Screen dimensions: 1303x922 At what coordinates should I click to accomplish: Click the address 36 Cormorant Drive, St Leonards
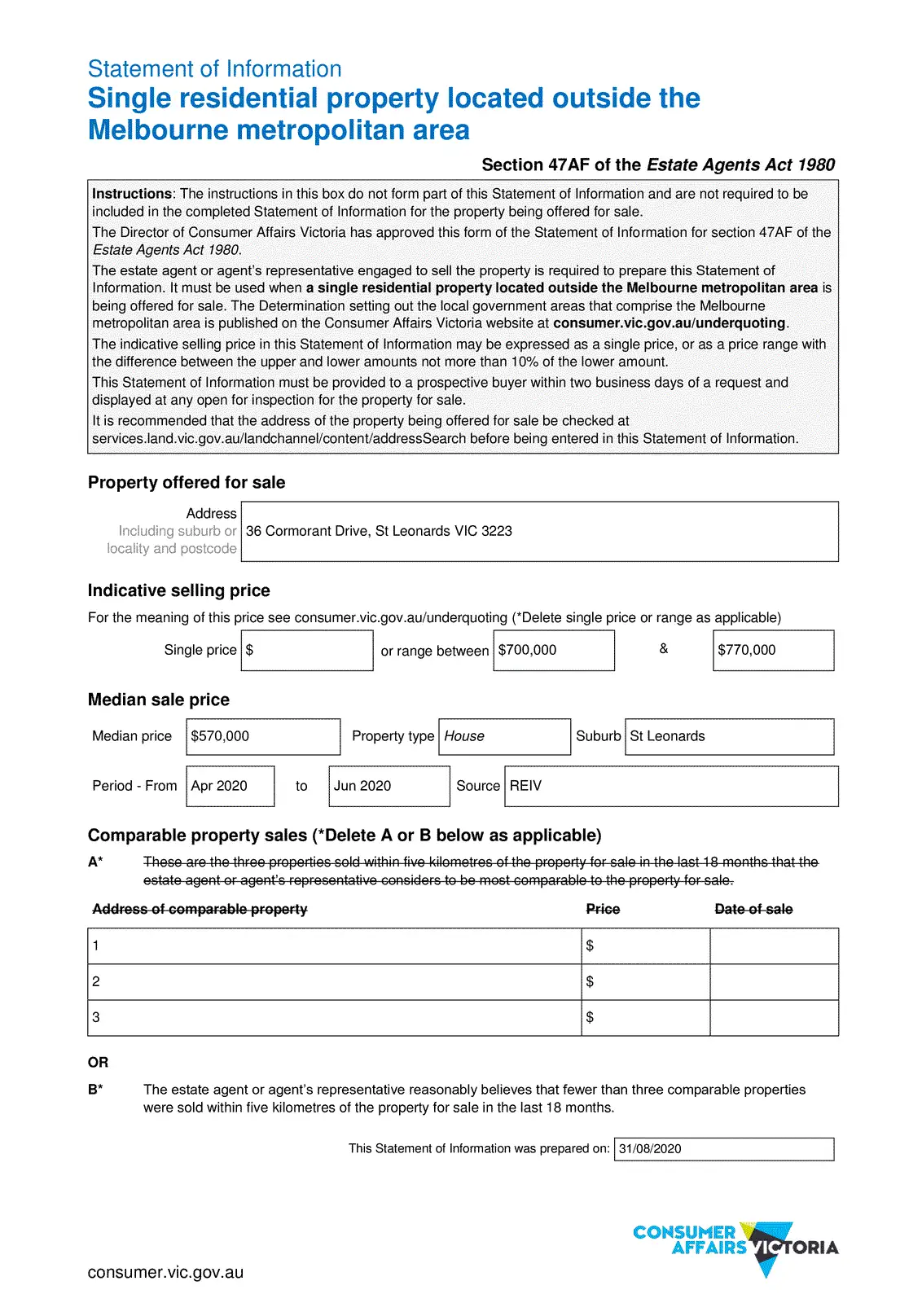379,531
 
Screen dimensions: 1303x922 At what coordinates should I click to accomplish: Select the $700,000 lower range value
528,650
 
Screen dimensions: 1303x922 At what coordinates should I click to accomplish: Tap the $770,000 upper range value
747,650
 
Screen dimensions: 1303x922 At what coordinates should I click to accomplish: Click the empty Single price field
307,650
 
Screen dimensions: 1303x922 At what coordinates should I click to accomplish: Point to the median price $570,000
220,736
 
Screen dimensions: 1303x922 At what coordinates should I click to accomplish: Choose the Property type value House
464,736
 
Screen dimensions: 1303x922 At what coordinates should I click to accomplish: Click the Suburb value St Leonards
668,736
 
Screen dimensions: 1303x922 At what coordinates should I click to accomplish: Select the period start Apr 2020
219,786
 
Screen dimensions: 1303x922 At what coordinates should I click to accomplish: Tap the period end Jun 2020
362,786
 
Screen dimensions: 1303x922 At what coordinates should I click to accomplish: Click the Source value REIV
525,786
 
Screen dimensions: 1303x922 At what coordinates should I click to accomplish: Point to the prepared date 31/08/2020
650,1149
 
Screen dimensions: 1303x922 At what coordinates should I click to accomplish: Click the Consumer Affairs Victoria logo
735,1247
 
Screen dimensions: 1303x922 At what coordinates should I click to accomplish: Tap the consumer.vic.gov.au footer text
165,1272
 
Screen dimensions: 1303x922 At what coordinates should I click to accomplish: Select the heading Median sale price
159,700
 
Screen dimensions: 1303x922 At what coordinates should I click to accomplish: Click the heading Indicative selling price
179,590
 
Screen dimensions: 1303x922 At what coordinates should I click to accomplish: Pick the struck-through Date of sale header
753,909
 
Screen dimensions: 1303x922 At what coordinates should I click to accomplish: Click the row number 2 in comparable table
96,981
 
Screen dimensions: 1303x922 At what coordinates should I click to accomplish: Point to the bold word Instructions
132,194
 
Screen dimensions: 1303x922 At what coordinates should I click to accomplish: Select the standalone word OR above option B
98,1062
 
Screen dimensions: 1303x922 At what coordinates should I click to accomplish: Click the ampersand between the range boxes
664,648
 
